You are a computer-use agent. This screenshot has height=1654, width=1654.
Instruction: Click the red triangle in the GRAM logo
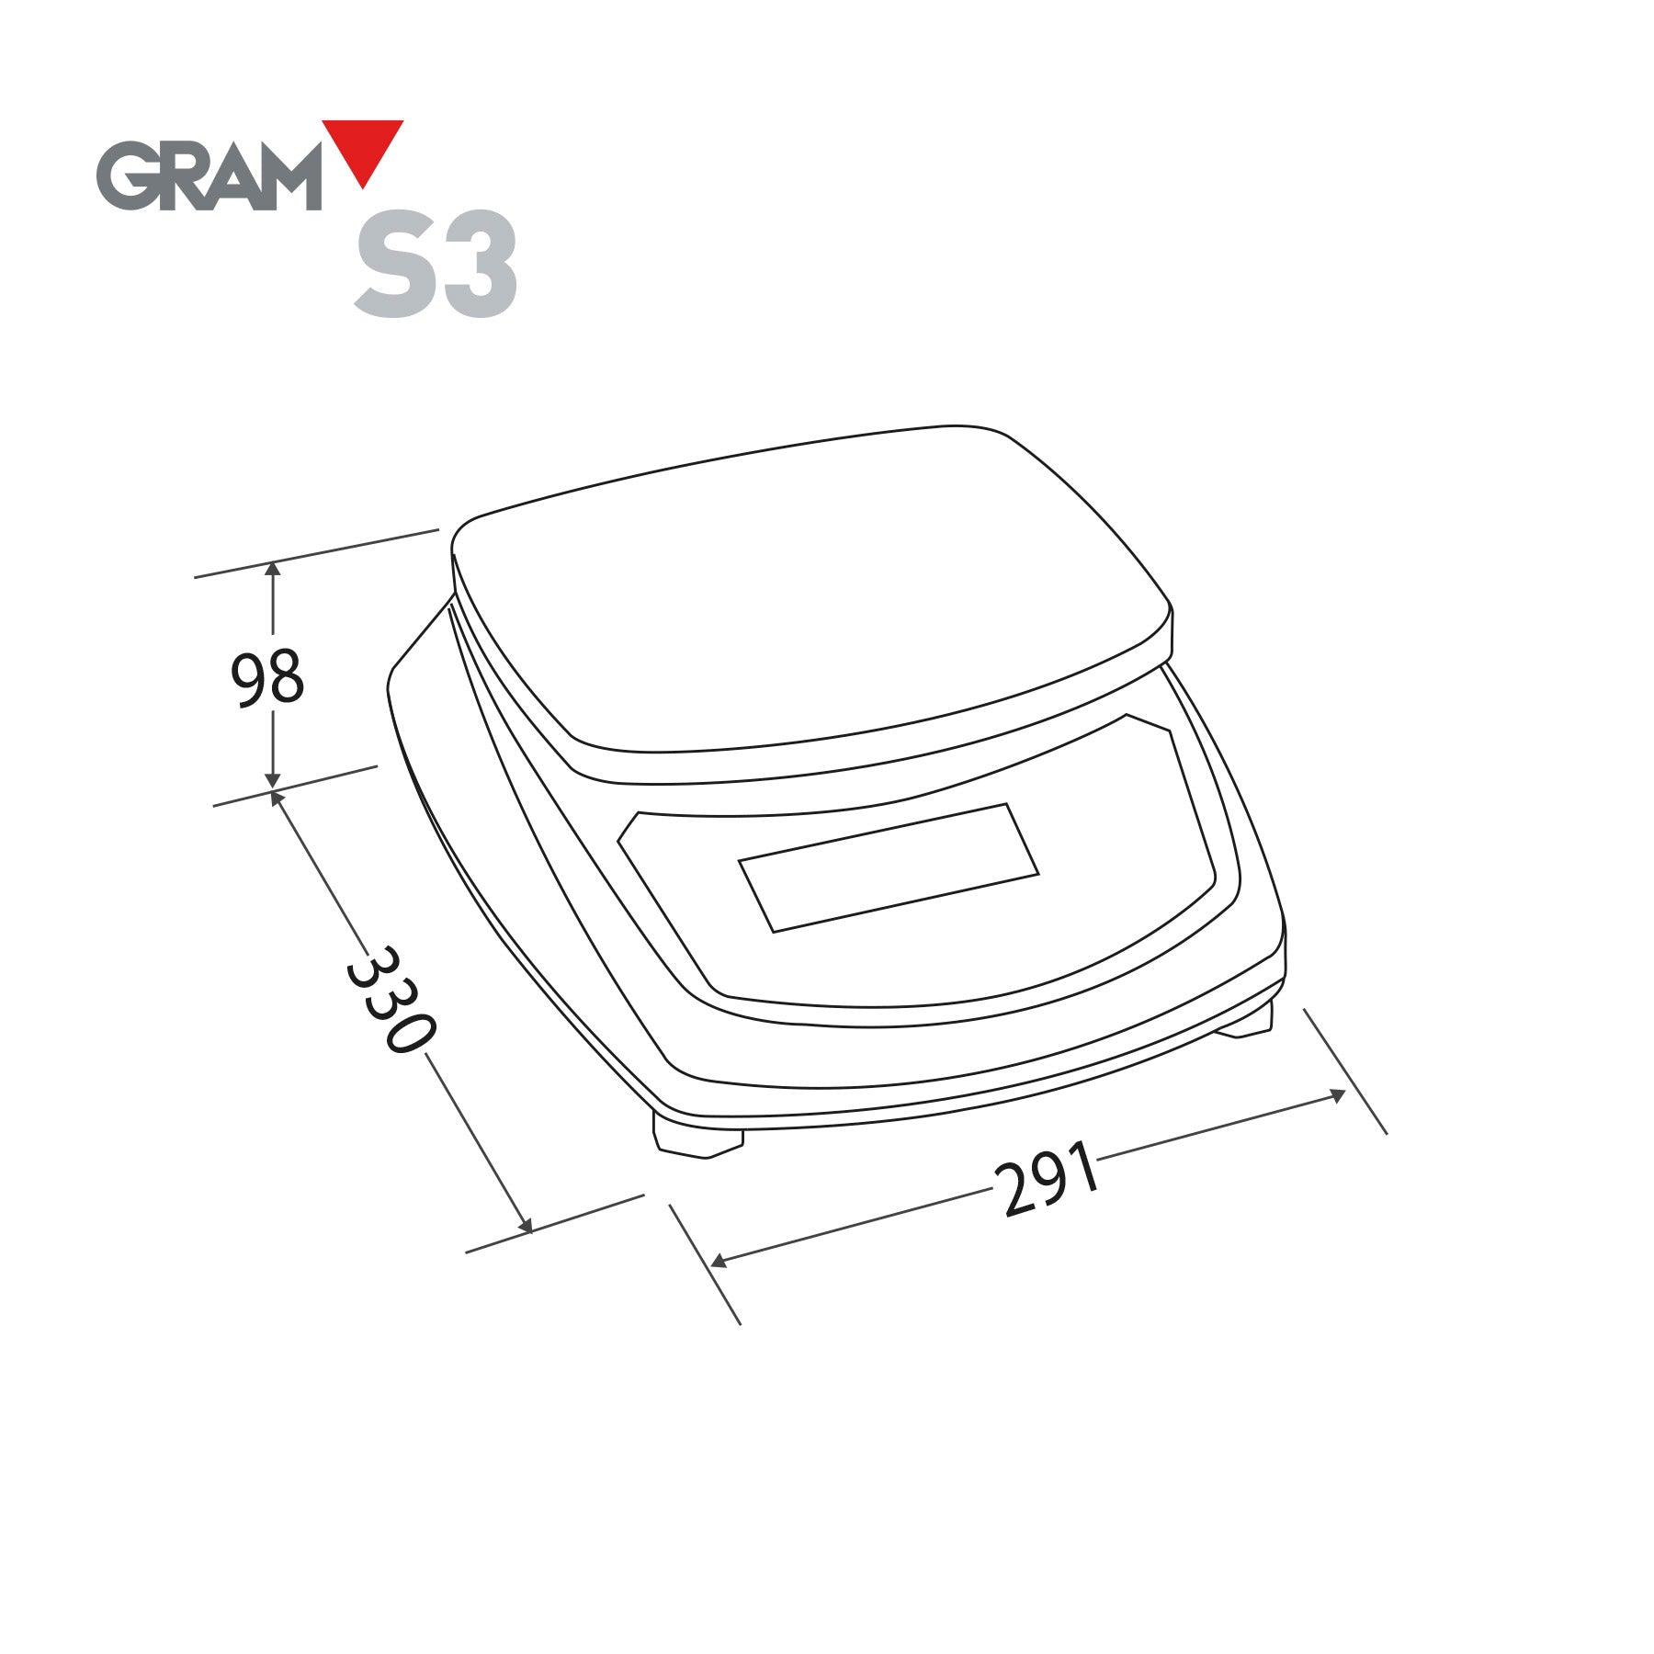click(363, 147)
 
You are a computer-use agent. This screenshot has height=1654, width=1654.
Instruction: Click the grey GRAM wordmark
click(210, 176)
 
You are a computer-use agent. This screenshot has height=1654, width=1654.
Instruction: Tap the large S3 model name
click(436, 265)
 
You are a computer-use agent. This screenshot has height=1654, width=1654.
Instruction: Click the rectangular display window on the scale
click(889, 867)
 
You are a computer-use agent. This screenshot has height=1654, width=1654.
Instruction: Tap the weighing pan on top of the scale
click(809, 597)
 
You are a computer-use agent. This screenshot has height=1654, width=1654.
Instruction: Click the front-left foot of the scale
click(697, 1139)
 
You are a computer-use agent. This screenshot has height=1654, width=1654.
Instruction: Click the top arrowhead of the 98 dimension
click(273, 569)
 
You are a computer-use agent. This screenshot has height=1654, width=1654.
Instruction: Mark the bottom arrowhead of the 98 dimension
click(273, 781)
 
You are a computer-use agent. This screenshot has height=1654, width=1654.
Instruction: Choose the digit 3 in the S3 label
click(478, 265)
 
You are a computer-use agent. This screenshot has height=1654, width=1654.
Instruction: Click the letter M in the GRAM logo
click(287, 177)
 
